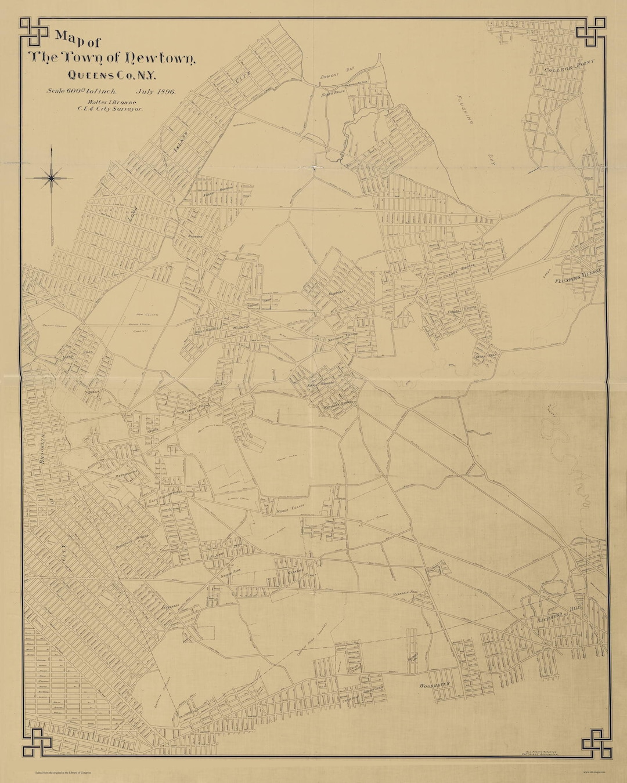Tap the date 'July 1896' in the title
point(156,91)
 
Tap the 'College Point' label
point(565,68)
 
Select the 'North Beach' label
point(334,93)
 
